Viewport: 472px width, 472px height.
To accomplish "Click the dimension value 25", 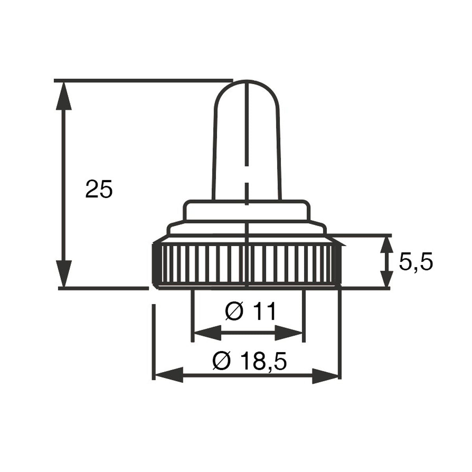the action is click(99, 189).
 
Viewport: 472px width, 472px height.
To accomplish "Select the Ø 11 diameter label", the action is click(250, 311).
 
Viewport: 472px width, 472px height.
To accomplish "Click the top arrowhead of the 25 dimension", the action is click(64, 96).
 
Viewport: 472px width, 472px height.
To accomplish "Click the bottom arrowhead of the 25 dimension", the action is click(64, 274).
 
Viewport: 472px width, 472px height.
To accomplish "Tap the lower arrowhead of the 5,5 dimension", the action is click(387, 279).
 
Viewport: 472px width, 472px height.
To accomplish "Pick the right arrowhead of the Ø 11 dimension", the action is click(289, 333).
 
